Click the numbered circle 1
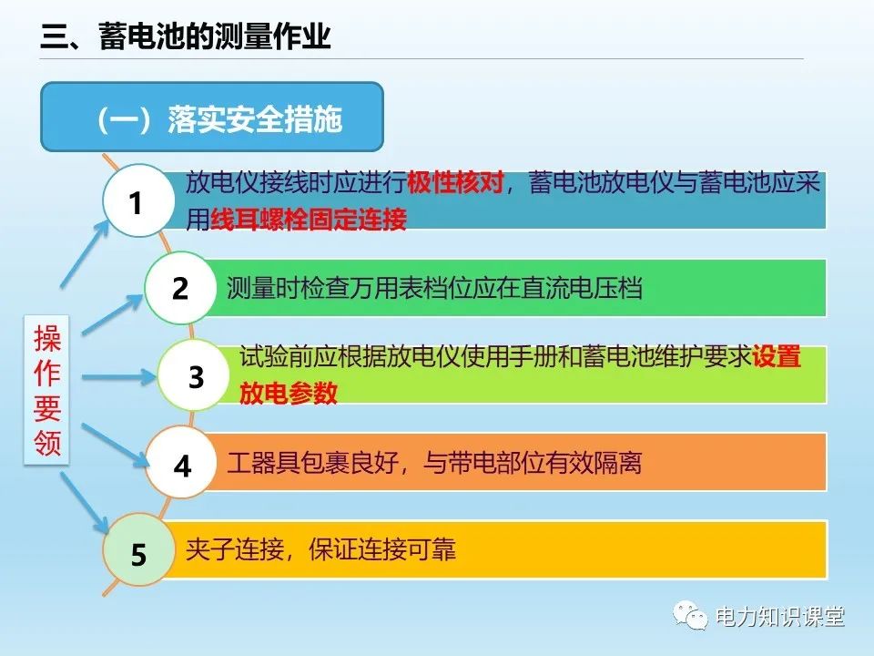point(137,202)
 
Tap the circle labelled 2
point(180,289)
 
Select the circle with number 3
point(196,376)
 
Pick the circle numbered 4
point(182,466)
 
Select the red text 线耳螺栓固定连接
point(309,220)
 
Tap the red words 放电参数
point(289,393)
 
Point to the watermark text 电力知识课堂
point(780,617)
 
